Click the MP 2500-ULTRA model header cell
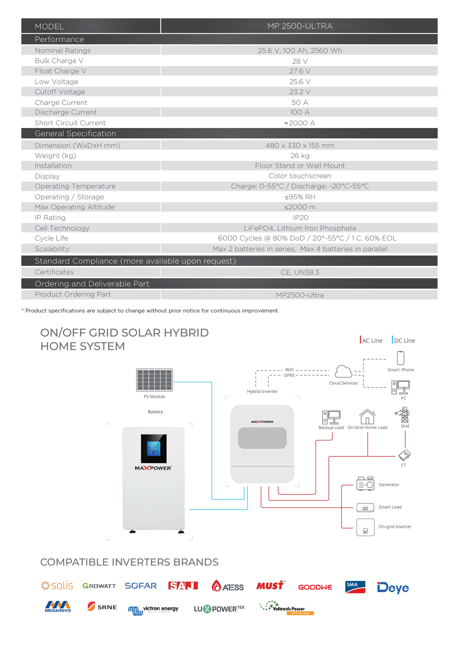pos(299,26)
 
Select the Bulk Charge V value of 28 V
pos(299,61)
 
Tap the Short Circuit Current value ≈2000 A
pos(299,123)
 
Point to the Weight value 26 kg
pos(299,155)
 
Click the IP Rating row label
pos(50,217)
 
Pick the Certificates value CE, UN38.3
pos(299,272)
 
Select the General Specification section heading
pos(75,133)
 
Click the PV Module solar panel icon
pos(154,380)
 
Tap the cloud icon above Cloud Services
pos(343,371)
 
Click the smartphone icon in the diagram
pos(400,358)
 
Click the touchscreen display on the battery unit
pos(154,448)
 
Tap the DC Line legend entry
pos(403,340)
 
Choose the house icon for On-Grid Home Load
pos(367,416)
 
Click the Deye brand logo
pos(393,588)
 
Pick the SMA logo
pos(355,587)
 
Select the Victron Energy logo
pos(153,610)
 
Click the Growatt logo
pos(99,586)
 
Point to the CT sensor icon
pos(404,455)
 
